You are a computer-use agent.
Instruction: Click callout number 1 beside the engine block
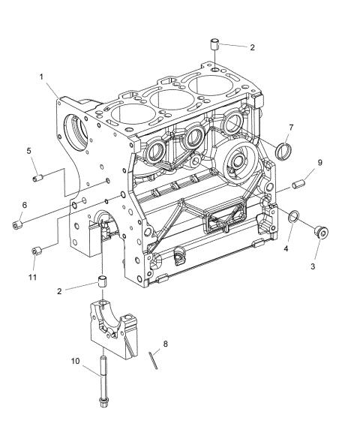[42, 77]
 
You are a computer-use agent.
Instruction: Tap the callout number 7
[291, 127]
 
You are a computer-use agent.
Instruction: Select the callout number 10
[75, 361]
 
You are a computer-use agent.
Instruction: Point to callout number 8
[165, 344]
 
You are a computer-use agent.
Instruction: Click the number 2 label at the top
[252, 47]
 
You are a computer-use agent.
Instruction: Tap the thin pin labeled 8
[153, 361]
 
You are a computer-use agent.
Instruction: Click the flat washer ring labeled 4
[293, 218]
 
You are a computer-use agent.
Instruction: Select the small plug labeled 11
[35, 250]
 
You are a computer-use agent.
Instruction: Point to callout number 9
[319, 162]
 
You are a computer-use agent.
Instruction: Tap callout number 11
[33, 277]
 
